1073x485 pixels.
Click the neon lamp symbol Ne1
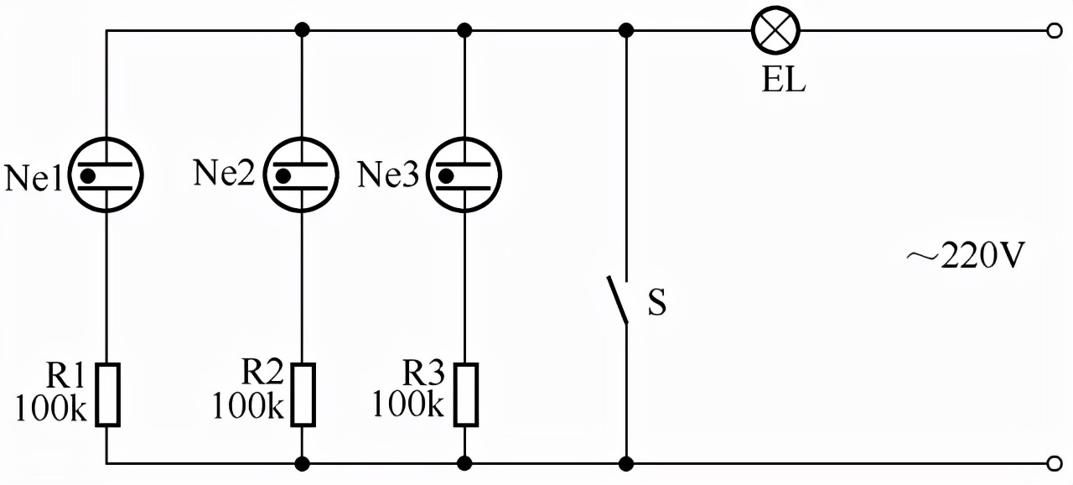pyautogui.click(x=106, y=175)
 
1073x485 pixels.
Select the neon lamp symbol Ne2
pyautogui.click(x=301, y=175)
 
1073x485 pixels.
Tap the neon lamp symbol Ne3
pyautogui.click(x=464, y=175)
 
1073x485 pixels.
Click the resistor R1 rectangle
pyautogui.click(x=107, y=394)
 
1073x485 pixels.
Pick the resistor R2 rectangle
pyautogui.click(x=303, y=394)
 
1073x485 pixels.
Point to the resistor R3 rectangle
pyautogui.click(x=465, y=394)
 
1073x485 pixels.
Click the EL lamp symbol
pyautogui.click(x=775, y=31)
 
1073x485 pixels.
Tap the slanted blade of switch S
pyautogui.click(x=618, y=300)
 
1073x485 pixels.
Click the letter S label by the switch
pyautogui.click(x=656, y=302)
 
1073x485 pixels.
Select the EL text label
pyautogui.click(x=784, y=80)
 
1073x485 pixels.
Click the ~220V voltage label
pyautogui.click(x=965, y=255)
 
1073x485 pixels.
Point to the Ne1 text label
pyautogui.click(x=33, y=178)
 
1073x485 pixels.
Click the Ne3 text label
pyautogui.click(x=388, y=174)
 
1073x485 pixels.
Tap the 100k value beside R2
pyautogui.click(x=247, y=405)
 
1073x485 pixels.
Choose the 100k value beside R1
pyautogui.click(x=51, y=408)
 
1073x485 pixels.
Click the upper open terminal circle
pyautogui.click(x=1055, y=31)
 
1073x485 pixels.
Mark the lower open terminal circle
pyautogui.click(x=1055, y=464)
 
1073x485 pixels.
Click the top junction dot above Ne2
pyautogui.click(x=302, y=31)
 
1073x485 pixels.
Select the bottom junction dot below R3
pyautogui.click(x=464, y=464)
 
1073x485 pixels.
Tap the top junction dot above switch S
pyautogui.click(x=626, y=31)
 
